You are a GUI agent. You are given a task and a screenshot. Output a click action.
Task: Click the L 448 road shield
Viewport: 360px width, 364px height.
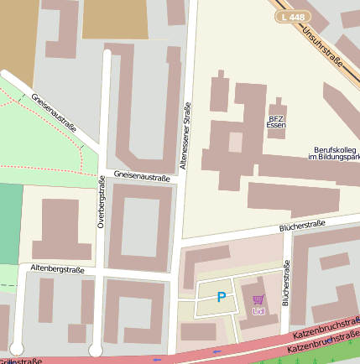tap(294, 17)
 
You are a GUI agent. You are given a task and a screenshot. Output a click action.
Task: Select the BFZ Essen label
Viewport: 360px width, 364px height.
tap(276, 121)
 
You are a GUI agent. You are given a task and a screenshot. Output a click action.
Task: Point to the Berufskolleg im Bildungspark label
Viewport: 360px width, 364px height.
tap(333, 152)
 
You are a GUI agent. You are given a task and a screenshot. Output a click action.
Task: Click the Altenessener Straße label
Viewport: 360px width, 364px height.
tap(187, 134)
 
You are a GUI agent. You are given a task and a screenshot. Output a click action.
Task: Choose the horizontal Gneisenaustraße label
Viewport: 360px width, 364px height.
tap(142, 177)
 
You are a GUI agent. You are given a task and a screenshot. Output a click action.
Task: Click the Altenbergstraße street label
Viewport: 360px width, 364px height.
tap(57, 268)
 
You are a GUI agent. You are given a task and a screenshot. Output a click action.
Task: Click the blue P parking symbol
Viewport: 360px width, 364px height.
tap(222, 296)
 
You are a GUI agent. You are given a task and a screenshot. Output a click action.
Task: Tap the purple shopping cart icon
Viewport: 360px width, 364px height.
tap(258, 299)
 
